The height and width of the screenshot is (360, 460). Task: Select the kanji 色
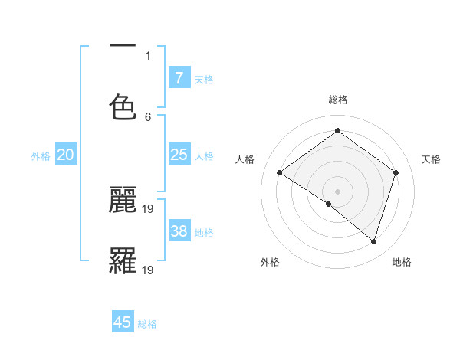tap(123, 106)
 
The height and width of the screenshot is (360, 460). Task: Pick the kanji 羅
tap(123, 260)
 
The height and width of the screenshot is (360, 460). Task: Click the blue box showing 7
tap(179, 78)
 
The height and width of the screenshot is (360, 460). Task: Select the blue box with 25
tap(179, 155)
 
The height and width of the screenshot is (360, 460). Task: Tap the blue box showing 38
tap(179, 231)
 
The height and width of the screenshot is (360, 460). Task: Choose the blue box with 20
tap(65, 155)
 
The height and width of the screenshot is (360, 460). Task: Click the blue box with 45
tap(123, 322)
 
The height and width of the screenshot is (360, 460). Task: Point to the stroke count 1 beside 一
tap(148, 55)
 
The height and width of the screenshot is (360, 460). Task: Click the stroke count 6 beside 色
tap(148, 116)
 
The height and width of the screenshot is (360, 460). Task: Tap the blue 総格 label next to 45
tap(147, 324)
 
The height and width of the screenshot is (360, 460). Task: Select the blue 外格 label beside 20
tap(41, 156)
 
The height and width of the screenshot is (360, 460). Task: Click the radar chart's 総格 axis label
tap(338, 100)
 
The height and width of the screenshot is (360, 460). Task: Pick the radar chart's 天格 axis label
tap(432, 159)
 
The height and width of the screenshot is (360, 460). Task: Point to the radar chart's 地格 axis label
tap(402, 262)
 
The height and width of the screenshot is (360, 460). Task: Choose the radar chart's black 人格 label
tap(245, 159)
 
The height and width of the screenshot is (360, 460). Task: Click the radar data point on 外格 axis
tap(329, 204)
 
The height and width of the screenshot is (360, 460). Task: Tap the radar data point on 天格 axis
tap(396, 172)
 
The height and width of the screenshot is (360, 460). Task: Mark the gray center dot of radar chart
tap(338, 191)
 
